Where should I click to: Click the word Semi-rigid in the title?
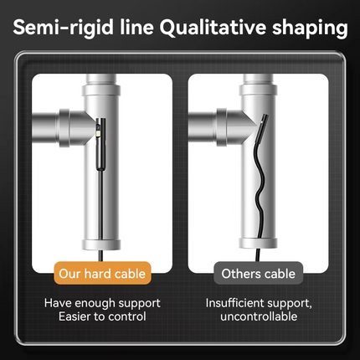pyautogui.click(x=64, y=28)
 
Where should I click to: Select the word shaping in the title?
pyautogui.click(x=310, y=28)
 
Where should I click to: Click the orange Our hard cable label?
pyautogui.click(x=102, y=274)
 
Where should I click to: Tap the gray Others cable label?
pyautogui.click(x=259, y=274)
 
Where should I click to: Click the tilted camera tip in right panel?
pyautogui.click(x=260, y=129)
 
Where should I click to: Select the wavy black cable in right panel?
pyautogui.click(x=260, y=190)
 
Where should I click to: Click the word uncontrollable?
pyautogui.click(x=259, y=316)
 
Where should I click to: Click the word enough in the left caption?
pyautogui.click(x=95, y=304)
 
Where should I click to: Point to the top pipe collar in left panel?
pyautogui.click(x=101, y=90)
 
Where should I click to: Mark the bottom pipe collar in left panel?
pyautogui.click(x=101, y=244)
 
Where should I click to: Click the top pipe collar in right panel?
pyautogui.click(x=259, y=90)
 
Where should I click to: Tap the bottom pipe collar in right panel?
pyautogui.click(x=259, y=243)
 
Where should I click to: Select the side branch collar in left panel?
pyautogui.click(x=64, y=128)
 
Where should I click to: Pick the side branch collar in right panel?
pyautogui.click(x=222, y=127)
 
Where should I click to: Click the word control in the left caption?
pyautogui.click(x=127, y=316)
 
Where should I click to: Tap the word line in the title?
pyautogui.click(x=136, y=27)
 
